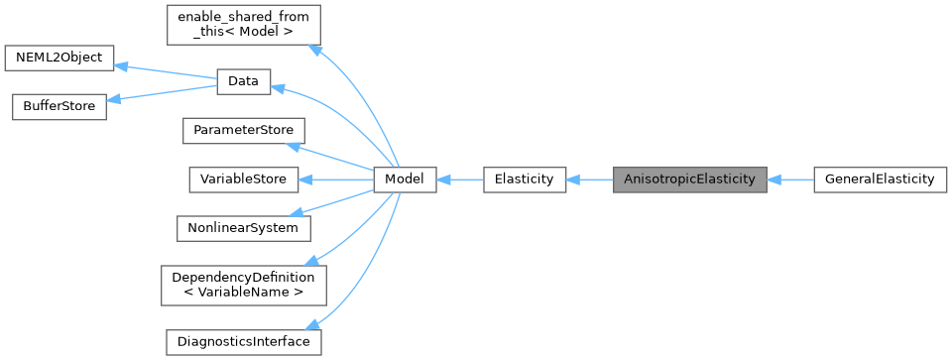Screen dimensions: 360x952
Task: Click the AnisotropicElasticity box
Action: (689, 180)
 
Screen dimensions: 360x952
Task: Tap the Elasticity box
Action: (524, 180)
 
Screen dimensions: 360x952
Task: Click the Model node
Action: (405, 180)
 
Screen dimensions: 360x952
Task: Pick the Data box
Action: (243, 82)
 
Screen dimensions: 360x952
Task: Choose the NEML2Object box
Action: (59, 58)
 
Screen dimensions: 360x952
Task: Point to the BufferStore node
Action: (59, 106)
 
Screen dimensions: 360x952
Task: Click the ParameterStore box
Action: (243, 131)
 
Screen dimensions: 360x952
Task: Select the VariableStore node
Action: (243, 180)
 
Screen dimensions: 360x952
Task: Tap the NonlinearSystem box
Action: (243, 228)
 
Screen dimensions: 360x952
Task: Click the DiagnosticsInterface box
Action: (243, 341)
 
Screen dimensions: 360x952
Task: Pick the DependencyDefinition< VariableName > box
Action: (243, 285)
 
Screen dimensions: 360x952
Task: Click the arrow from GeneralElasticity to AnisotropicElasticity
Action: (789, 180)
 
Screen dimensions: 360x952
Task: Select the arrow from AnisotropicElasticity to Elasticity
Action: (590, 180)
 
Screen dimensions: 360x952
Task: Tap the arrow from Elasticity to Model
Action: (459, 180)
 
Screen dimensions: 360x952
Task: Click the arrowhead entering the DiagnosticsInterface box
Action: (312, 325)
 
